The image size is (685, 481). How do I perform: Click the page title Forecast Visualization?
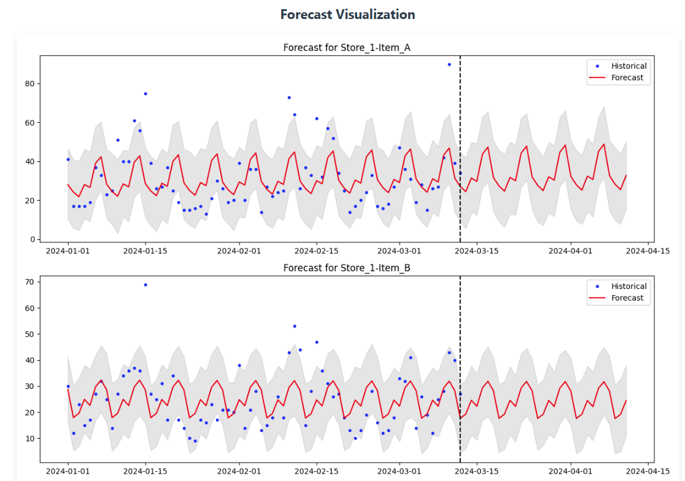(x=347, y=15)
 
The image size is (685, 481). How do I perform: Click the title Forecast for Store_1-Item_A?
(x=347, y=47)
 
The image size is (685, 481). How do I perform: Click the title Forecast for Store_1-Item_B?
(x=347, y=268)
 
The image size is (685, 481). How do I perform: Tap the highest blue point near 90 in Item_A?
(x=449, y=64)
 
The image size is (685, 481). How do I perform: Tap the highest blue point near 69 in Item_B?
(x=145, y=285)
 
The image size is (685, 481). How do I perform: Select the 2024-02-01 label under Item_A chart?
(x=239, y=250)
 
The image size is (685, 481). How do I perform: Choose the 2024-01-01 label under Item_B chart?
(x=68, y=471)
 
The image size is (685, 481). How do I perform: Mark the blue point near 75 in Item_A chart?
(x=145, y=94)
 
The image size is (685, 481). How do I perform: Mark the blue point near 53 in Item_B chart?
(x=295, y=326)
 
